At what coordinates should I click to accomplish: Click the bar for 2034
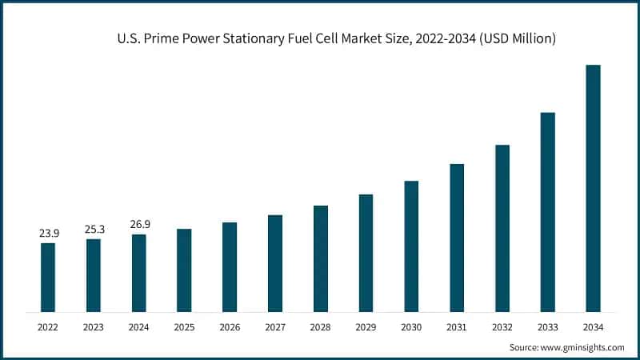click(x=593, y=188)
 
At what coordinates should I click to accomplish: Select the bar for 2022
click(x=48, y=277)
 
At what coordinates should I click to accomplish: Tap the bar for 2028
click(x=320, y=258)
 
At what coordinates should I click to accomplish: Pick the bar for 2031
click(x=457, y=238)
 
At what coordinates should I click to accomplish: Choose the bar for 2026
click(x=230, y=266)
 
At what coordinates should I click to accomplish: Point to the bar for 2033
click(x=547, y=212)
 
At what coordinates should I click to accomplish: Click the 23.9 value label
click(x=48, y=234)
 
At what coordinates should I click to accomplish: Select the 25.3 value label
click(x=94, y=230)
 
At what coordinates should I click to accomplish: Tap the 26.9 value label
click(x=139, y=225)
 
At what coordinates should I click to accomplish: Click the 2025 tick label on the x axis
click(x=184, y=327)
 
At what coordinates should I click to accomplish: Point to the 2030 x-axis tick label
click(x=411, y=327)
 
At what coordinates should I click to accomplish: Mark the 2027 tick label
click(x=275, y=327)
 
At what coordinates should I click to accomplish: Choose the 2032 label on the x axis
click(x=502, y=327)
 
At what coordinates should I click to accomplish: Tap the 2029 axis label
click(x=366, y=327)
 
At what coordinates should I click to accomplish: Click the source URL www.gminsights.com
click(x=583, y=347)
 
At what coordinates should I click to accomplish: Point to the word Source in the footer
click(x=525, y=347)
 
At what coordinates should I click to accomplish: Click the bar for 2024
click(x=139, y=273)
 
